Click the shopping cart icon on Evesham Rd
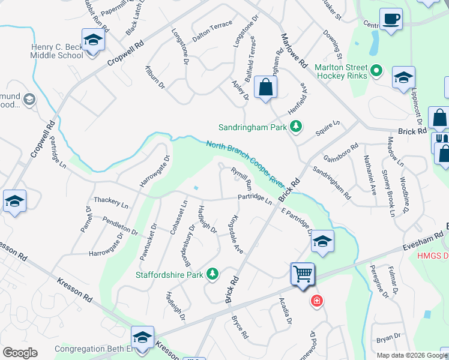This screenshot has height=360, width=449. click(x=303, y=274)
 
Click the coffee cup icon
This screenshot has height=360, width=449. click(x=391, y=19)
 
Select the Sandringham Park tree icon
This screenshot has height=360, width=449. click(x=295, y=127)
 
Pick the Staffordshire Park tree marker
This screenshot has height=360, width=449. click(x=212, y=274)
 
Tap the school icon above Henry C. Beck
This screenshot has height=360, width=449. click(x=93, y=41)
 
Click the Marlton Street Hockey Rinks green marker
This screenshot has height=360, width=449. click(x=376, y=71)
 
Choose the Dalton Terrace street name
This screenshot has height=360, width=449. click(x=212, y=31)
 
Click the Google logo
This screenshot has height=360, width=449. click(x=20, y=353)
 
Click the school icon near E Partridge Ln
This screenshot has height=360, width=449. click(x=322, y=242)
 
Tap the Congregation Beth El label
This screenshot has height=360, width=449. click(x=94, y=349)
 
